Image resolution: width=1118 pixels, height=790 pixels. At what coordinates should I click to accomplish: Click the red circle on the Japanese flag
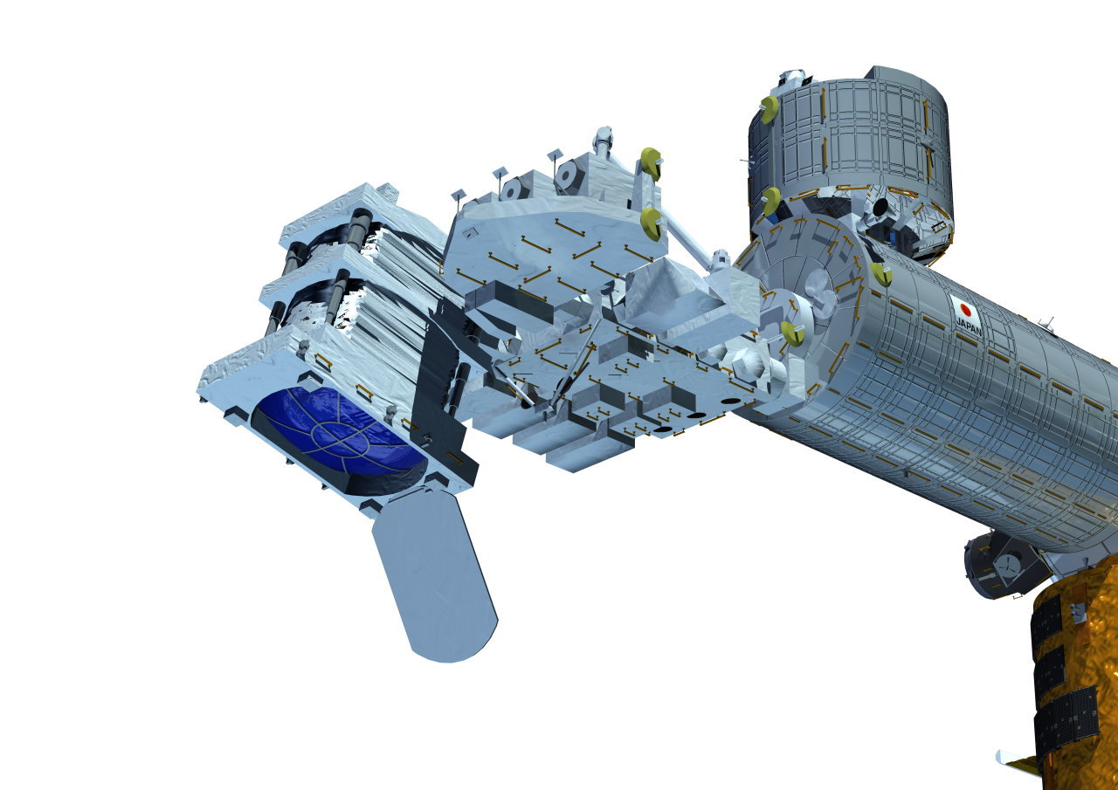click(966, 310)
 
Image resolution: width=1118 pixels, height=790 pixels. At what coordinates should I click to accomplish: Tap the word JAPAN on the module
click(969, 327)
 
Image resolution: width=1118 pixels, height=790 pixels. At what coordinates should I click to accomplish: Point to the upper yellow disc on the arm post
click(652, 163)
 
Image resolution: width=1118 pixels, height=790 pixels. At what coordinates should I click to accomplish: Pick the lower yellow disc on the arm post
click(651, 223)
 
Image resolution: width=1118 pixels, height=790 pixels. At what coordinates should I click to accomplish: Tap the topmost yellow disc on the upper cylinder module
click(769, 110)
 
